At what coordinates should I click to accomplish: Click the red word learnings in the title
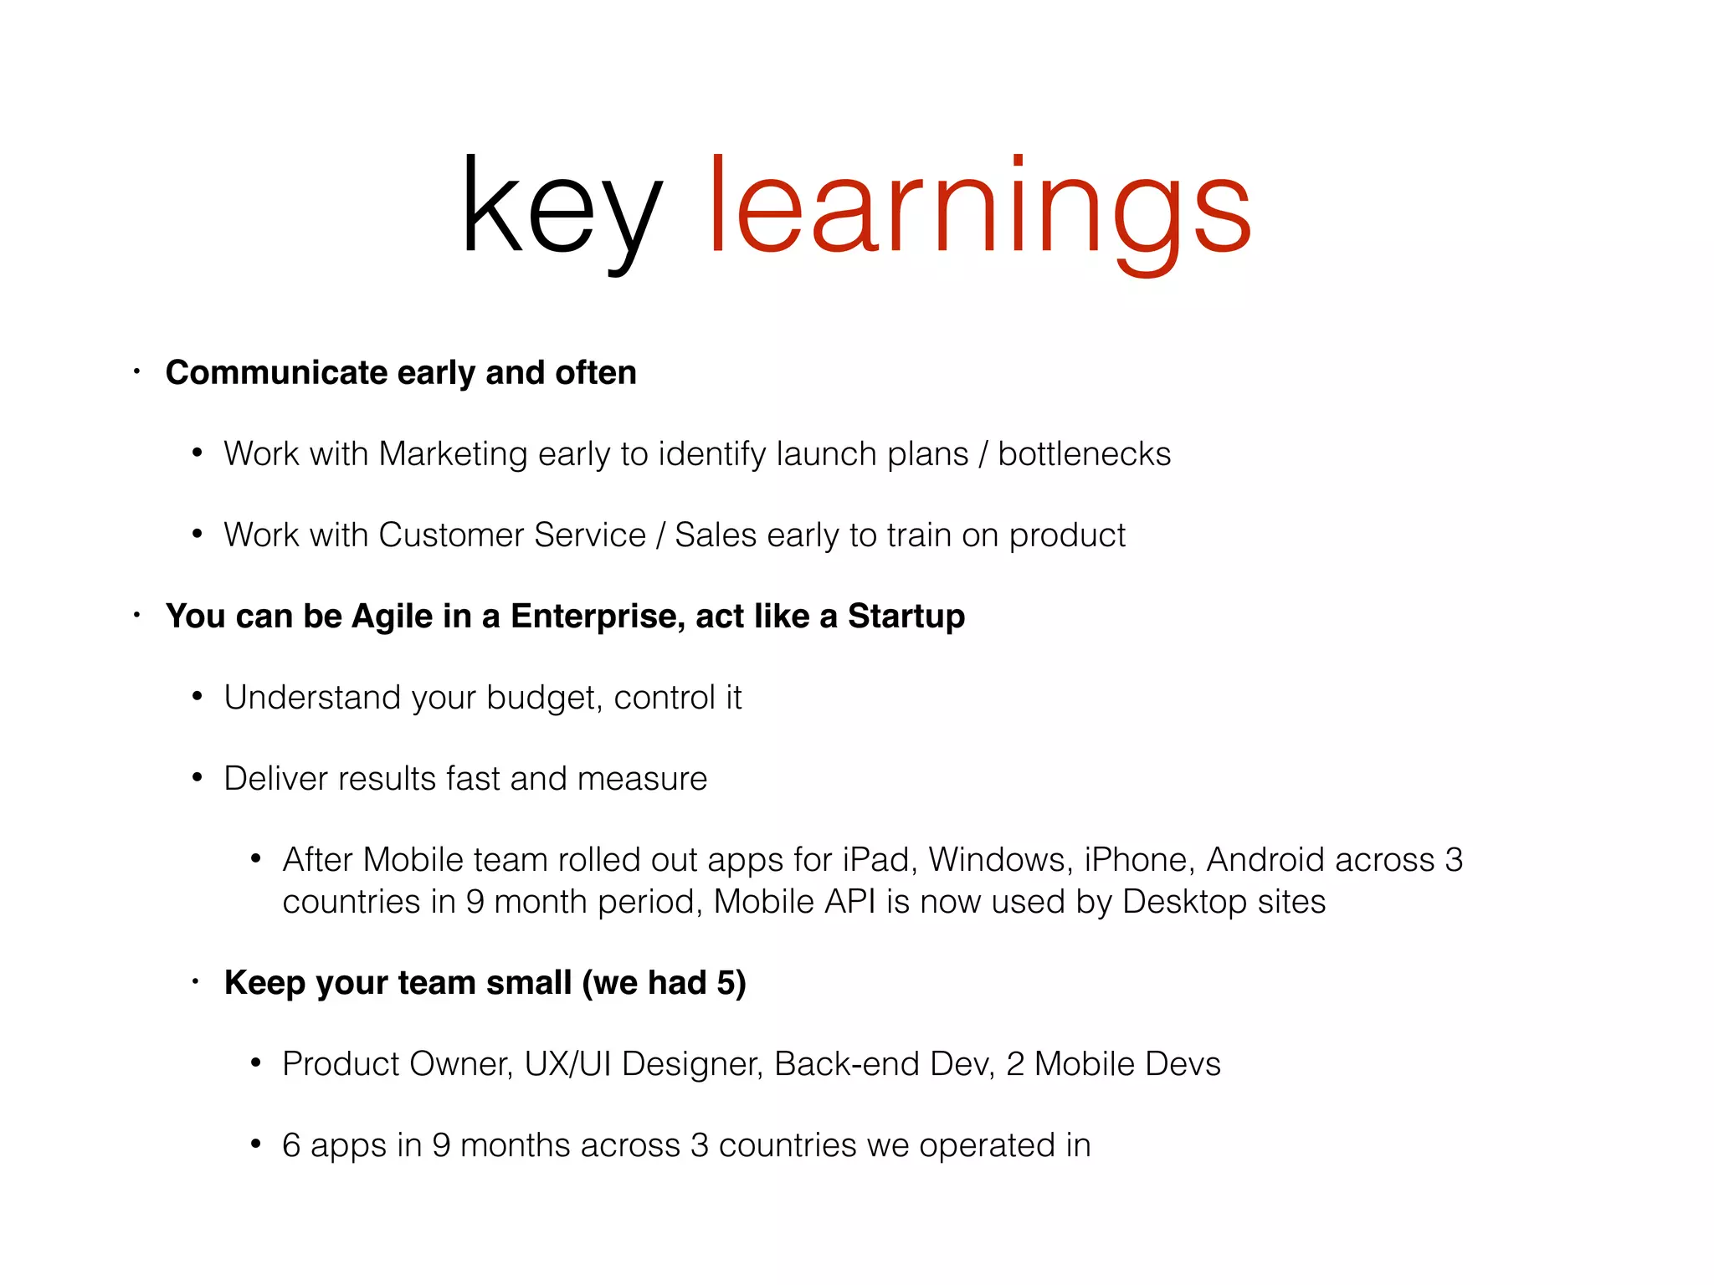point(979,209)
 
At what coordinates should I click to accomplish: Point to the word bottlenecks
point(1084,453)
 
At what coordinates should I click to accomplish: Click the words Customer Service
point(511,535)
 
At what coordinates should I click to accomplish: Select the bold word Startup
point(906,616)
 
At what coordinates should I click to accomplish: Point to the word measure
point(642,778)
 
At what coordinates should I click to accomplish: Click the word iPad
point(875,859)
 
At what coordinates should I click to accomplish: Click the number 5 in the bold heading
point(726,982)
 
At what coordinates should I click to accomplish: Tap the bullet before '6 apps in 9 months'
point(256,1144)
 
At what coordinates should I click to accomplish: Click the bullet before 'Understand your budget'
point(198,696)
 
